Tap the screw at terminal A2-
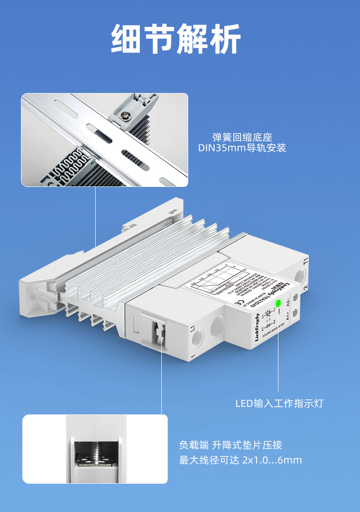click(x=295, y=297)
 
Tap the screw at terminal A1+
click(x=295, y=312)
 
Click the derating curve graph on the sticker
click(x=217, y=280)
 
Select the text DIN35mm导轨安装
click(x=242, y=148)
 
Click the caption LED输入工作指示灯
click(x=279, y=403)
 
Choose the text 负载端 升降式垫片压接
click(x=234, y=445)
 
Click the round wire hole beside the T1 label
click(x=300, y=276)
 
